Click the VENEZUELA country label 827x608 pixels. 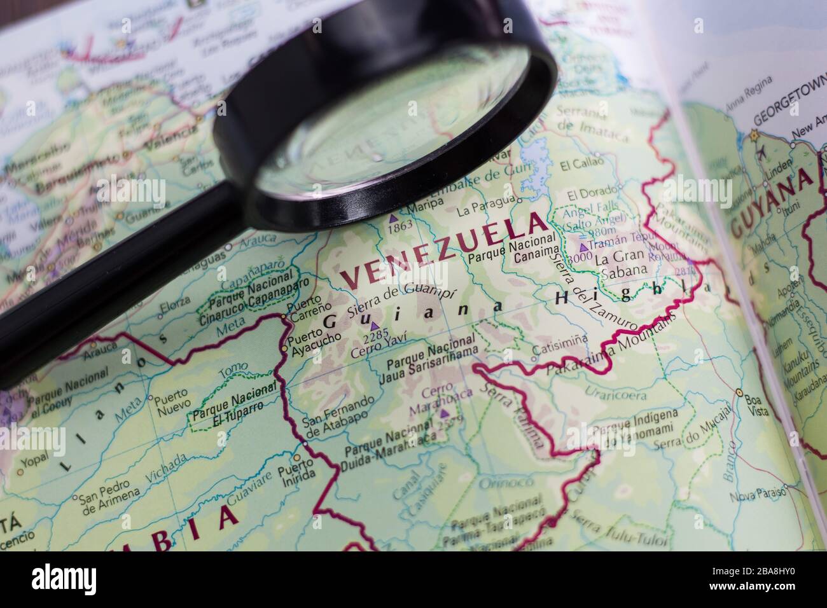[x=443, y=249]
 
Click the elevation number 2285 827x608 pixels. [x=375, y=335]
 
